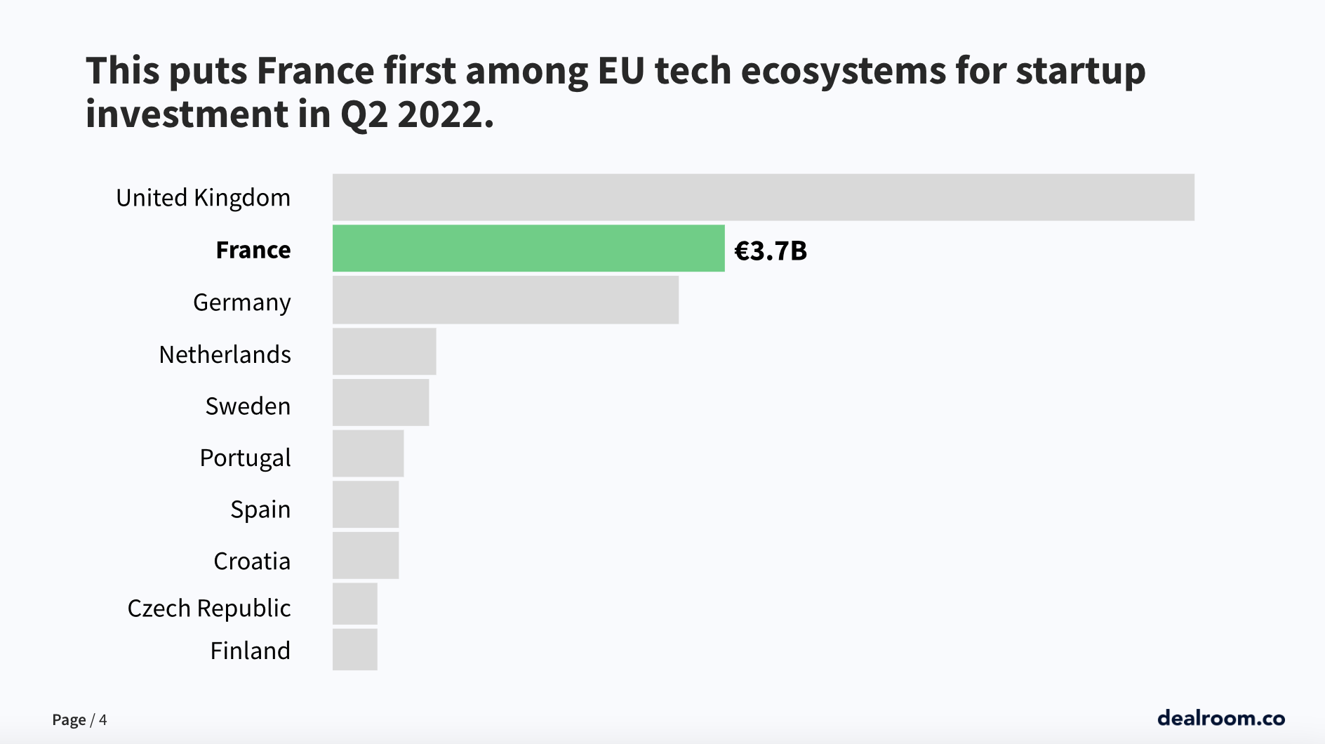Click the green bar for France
(528, 248)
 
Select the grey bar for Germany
(505, 300)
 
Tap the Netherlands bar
(384, 351)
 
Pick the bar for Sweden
(380, 402)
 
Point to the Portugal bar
(368, 453)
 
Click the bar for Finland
(354, 649)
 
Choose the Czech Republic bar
(354, 604)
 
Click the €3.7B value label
(770, 251)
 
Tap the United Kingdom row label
(203, 198)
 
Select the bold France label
(253, 250)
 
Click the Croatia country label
(251, 561)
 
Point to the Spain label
(260, 509)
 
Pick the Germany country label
(241, 303)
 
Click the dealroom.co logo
(1220, 717)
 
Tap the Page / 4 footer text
(79, 719)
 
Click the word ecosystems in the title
(843, 72)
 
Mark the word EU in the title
(621, 72)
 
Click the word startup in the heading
(1080, 72)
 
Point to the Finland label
(250, 651)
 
